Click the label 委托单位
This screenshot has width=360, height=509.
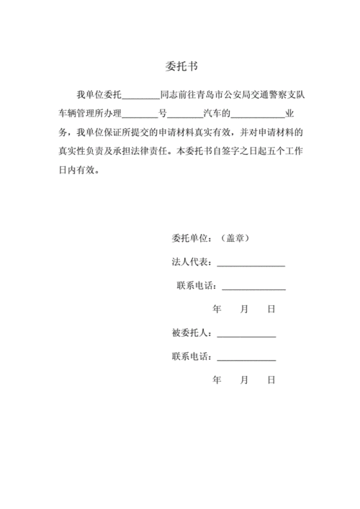point(190,238)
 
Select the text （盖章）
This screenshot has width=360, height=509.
point(233,238)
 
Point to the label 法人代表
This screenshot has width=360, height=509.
point(190,262)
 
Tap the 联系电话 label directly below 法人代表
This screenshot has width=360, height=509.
point(195,286)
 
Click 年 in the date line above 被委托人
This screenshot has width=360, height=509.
point(217,309)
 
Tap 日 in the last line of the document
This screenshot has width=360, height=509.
point(271,379)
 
